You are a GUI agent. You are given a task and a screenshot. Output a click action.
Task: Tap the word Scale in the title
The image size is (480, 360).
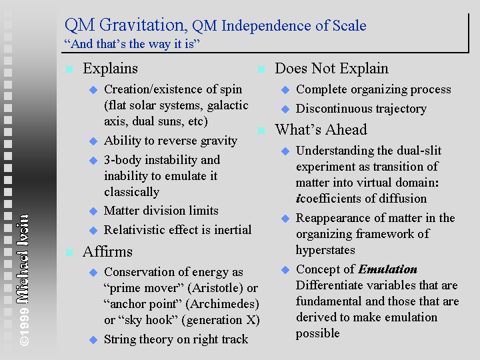pyautogui.click(x=349, y=25)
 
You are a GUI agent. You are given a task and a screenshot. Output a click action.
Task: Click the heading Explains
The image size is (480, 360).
pyautogui.click(x=110, y=69)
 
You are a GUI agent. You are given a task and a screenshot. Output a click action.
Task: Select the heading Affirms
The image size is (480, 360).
pyautogui.click(x=107, y=251)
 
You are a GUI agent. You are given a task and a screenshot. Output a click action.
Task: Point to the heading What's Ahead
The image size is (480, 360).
pyautogui.click(x=321, y=129)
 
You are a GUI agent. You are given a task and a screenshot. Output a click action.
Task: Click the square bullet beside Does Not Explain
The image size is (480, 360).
pyautogui.click(x=261, y=69)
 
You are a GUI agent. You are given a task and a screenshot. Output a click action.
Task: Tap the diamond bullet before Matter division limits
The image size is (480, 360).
pyautogui.click(x=93, y=211)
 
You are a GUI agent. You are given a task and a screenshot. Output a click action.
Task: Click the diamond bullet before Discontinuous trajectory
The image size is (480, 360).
pyautogui.click(x=285, y=109)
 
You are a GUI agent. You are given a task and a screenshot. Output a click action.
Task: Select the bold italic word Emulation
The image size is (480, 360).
pyautogui.click(x=387, y=269)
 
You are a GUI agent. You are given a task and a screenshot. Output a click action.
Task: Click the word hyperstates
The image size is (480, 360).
pyautogui.click(x=325, y=251)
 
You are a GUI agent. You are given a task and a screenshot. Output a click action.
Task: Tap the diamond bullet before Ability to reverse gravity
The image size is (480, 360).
pyautogui.click(x=93, y=141)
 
